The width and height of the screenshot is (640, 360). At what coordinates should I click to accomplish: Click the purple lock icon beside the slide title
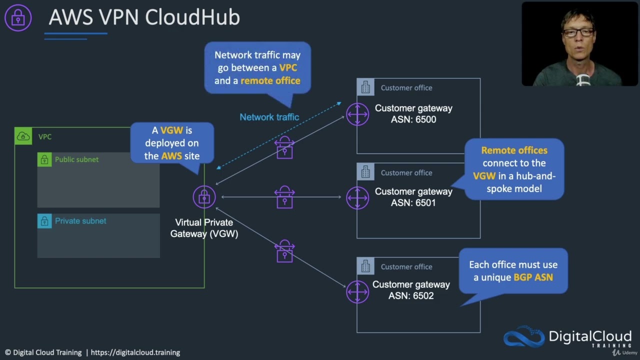coord(18,18)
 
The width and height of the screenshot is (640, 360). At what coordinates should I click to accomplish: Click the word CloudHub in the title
coord(192,17)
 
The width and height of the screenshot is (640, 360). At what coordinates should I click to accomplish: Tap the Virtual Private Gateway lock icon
coord(204,197)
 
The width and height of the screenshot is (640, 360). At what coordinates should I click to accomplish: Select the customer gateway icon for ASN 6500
coord(357,114)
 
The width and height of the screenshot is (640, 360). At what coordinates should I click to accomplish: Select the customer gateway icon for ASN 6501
coord(357,197)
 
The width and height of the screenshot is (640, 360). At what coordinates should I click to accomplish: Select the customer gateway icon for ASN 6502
coord(357,291)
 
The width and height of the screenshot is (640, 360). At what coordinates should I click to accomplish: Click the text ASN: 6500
coord(413,119)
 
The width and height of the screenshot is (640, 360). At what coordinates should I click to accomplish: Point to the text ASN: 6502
coord(410,296)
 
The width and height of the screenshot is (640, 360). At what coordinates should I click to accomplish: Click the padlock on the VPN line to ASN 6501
coord(284,197)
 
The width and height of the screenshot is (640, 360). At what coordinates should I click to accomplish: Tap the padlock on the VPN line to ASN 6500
coord(284,148)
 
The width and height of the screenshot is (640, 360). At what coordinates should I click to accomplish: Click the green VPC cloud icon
coord(23,136)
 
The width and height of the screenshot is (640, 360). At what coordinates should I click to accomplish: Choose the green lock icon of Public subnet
coord(44,159)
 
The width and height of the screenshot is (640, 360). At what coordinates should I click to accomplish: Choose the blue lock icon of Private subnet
coord(44,221)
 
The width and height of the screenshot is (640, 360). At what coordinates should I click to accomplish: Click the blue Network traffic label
coord(269,117)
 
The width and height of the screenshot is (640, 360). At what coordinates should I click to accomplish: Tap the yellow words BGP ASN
coord(533,277)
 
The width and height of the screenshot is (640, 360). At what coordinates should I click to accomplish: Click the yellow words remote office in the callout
coord(270,81)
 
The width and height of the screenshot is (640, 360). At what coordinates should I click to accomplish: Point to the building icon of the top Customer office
coord(365,87)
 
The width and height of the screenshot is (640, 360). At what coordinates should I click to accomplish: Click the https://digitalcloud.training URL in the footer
coord(135,352)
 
